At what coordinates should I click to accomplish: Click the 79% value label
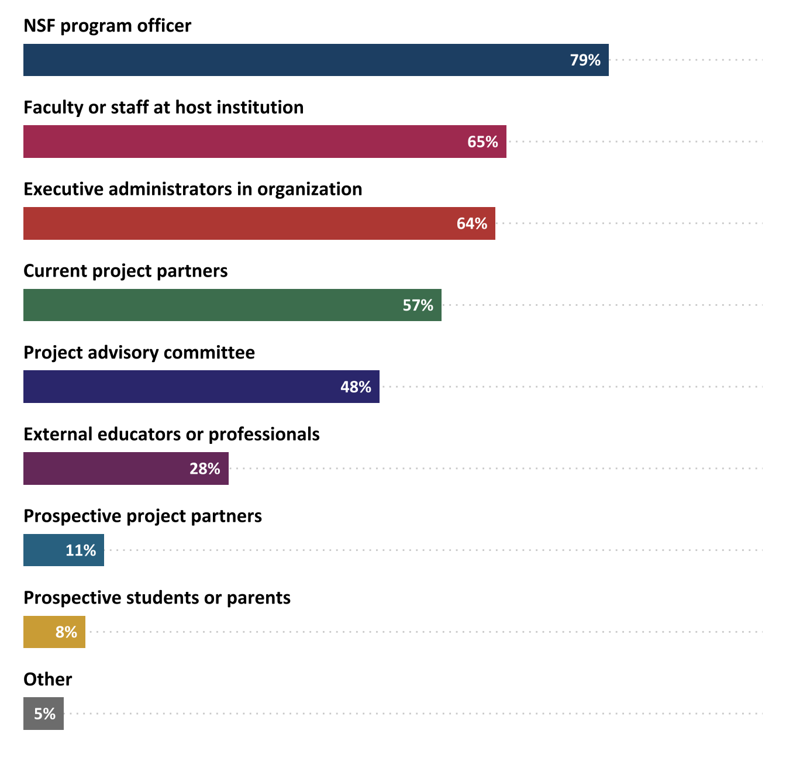click(585, 60)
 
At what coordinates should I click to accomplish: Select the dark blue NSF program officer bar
click(292, 60)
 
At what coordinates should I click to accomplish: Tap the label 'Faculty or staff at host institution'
click(163, 108)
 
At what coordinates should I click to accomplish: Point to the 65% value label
click(482, 142)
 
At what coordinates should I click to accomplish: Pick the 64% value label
click(472, 223)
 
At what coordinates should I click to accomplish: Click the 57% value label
click(418, 305)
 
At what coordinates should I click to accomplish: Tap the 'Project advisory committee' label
click(139, 353)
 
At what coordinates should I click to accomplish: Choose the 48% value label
click(356, 387)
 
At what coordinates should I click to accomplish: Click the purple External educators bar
click(105, 468)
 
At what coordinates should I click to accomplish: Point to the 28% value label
click(205, 468)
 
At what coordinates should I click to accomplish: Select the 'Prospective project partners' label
click(143, 516)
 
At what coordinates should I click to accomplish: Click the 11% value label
click(81, 550)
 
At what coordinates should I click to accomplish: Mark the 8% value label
click(66, 632)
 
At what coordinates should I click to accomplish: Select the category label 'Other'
click(48, 680)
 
